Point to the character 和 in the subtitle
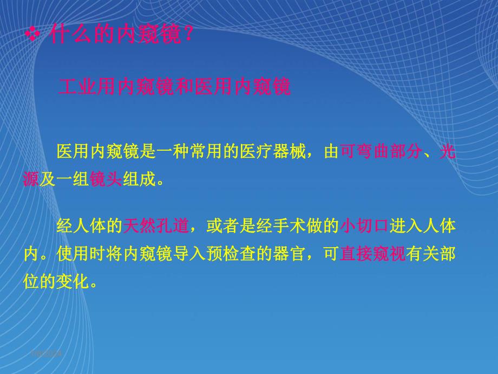tap(185, 87)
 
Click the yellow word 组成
tap(138, 179)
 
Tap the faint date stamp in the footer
tap(47, 353)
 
